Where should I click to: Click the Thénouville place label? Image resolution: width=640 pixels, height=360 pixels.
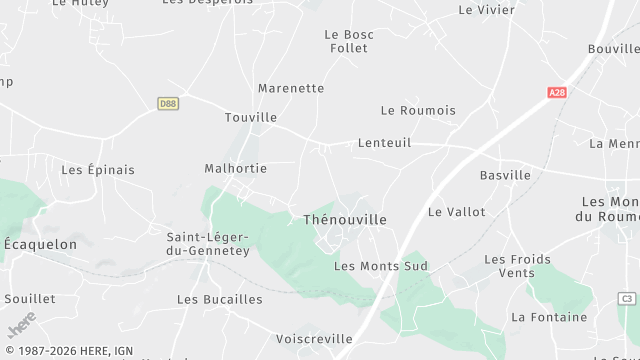click(x=344, y=219)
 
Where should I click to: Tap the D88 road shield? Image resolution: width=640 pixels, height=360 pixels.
click(x=168, y=103)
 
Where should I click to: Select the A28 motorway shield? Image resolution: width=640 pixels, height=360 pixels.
click(x=558, y=92)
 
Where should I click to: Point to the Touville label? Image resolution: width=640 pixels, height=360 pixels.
click(x=251, y=117)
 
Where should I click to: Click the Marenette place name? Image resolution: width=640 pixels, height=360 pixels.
click(x=290, y=88)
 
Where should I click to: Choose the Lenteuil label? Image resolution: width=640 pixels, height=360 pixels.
click(x=384, y=143)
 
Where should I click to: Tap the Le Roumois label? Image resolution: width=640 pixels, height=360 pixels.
click(x=418, y=110)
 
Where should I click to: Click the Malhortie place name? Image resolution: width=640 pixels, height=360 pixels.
click(x=237, y=168)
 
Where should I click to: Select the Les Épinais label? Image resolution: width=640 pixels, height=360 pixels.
click(x=98, y=169)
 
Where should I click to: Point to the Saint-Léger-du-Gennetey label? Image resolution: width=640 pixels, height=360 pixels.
click(x=208, y=244)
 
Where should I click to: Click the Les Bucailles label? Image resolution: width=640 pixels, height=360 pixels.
click(x=220, y=299)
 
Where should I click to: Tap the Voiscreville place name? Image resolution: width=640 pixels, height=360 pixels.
click(x=313, y=339)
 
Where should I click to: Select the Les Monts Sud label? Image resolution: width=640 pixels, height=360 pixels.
click(x=380, y=266)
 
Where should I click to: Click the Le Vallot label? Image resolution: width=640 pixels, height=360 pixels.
click(x=456, y=212)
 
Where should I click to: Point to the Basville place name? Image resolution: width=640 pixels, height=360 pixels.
click(x=505, y=175)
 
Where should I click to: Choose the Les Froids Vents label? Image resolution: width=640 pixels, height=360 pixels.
click(x=517, y=266)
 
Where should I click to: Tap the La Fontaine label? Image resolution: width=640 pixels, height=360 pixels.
click(x=549, y=317)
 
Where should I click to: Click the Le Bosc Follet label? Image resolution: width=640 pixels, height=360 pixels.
click(x=349, y=41)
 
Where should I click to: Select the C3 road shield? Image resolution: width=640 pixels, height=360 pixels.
click(x=627, y=299)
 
